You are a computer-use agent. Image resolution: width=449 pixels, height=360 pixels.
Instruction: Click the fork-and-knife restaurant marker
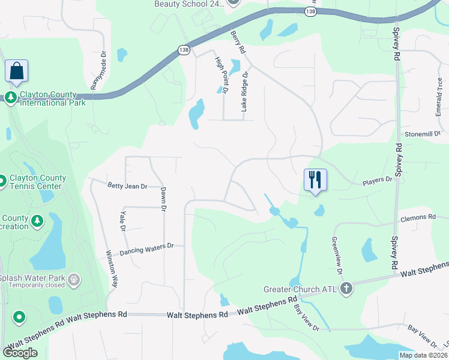tap(315, 179)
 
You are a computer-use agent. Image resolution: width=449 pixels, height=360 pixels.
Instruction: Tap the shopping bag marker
tap(16, 71)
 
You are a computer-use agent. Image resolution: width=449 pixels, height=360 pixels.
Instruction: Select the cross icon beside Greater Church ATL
tap(346, 289)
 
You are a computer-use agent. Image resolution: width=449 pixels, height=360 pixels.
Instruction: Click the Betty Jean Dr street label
tap(127, 187)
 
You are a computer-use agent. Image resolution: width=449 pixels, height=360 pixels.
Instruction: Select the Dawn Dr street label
tap(163, 199)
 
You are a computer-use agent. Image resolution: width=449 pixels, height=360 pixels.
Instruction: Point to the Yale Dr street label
tap(122, 220)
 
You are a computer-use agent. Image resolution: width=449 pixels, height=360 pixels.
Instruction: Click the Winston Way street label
tap(112, 269)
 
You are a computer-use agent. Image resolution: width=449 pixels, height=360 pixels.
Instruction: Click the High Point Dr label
tap(221, 75)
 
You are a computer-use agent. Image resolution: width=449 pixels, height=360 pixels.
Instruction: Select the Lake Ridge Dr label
tap(244, 91)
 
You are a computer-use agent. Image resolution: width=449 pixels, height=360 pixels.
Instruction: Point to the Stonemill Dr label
tap(423, 133)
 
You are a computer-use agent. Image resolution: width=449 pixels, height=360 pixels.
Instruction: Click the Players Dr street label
tap(377, 179)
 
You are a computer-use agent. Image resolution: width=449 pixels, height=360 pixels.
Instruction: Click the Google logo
tap(20, 352)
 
